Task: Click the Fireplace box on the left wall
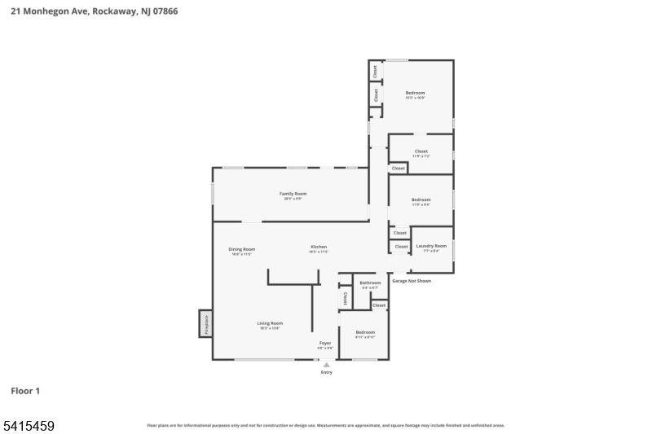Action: click(205, 323)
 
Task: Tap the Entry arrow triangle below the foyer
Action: click(326, 365)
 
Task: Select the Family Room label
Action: click(293, 194)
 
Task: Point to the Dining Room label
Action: click(242, 249)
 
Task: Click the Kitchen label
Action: click(318, 247)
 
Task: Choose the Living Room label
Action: click(270, 323)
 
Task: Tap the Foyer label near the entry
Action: click(325, 343)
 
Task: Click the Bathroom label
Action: click(370, 283)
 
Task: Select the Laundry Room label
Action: click(431, 246)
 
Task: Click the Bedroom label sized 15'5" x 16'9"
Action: click(415, 93)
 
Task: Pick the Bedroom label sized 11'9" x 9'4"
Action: click(421, 199)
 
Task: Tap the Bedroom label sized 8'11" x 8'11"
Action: click(364, 332)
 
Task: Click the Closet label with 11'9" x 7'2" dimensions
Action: click(421, 151)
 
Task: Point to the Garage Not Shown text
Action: click(412, 281)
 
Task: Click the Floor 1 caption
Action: click(25, 391)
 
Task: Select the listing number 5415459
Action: click(29, 425)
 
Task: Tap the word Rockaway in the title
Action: click(111, 11)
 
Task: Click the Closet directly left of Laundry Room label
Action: click(401, 247)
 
